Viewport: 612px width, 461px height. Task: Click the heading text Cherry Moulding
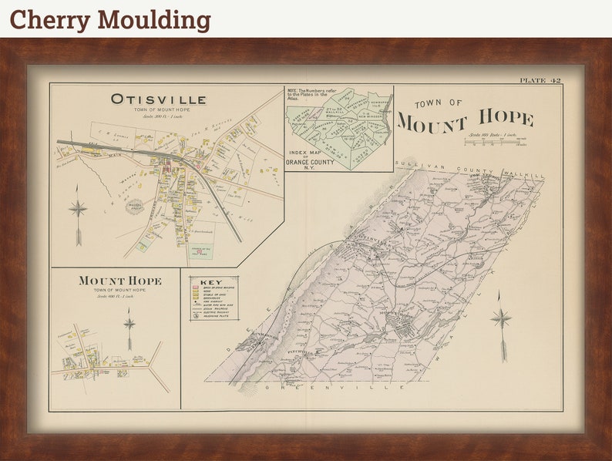tap(110, 19)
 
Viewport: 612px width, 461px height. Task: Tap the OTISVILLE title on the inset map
tap(158, 99)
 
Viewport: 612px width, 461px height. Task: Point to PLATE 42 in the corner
tap(540, 80)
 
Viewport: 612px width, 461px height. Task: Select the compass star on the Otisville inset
tap(78, 208)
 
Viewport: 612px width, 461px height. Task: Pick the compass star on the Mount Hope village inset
tap(129, 323)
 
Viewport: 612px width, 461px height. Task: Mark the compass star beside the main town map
tap(501, 318)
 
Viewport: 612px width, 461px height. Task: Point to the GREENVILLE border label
tap(298, 387)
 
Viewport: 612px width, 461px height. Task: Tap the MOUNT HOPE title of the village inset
tap(119, 281)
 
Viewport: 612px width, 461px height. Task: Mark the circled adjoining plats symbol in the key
tap(195, 316)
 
